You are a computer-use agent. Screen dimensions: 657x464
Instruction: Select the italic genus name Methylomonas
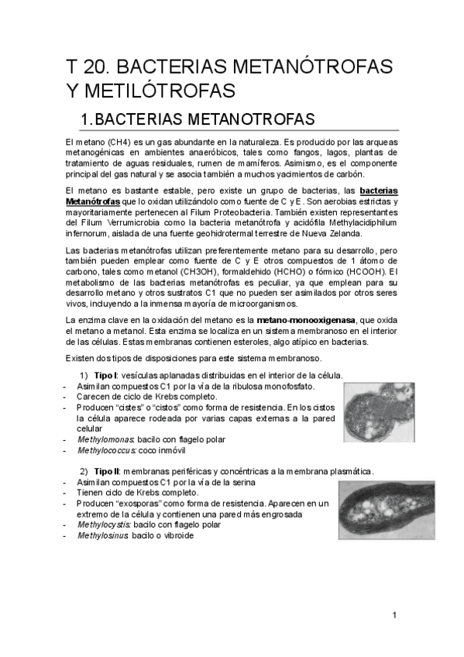click(x=102, y=439)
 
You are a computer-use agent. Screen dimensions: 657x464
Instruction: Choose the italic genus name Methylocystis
click(x=102, y=525)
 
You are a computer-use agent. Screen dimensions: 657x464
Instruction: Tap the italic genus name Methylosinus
click(x=101, y=535)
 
